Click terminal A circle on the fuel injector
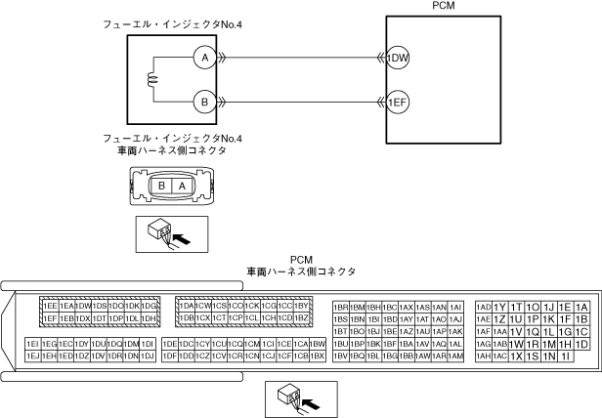pyautogui.click(x=204, y=58)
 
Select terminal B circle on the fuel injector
pyautogui.click(x=204, y=100)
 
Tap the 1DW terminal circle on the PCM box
pyautogui.click(x=399, y=58)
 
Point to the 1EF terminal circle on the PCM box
pyautogui.click(x=399, y=100)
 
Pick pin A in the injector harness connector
pyautogui.click(x=180, y=185)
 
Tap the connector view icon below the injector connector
pyautogui.click(x=163, y=231)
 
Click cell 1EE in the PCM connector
pyautogui.click(x=51, y=306)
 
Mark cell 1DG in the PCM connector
pyautogui.click(x=150, y=306)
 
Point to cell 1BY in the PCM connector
pyautogui.click(x=302, y=306)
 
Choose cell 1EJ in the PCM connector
pyautogui.click(x=32, y=356)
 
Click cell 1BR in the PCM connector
pyautogui.click(x=341, y=307)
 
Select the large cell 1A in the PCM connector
pyautogui.click(x=582, y=307)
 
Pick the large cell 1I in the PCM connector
pyautogui.click(x=566, y=356)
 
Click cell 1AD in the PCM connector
pyautogui.click(x=483, y=307)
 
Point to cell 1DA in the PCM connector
pyautogui.click(x=187, y=306)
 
